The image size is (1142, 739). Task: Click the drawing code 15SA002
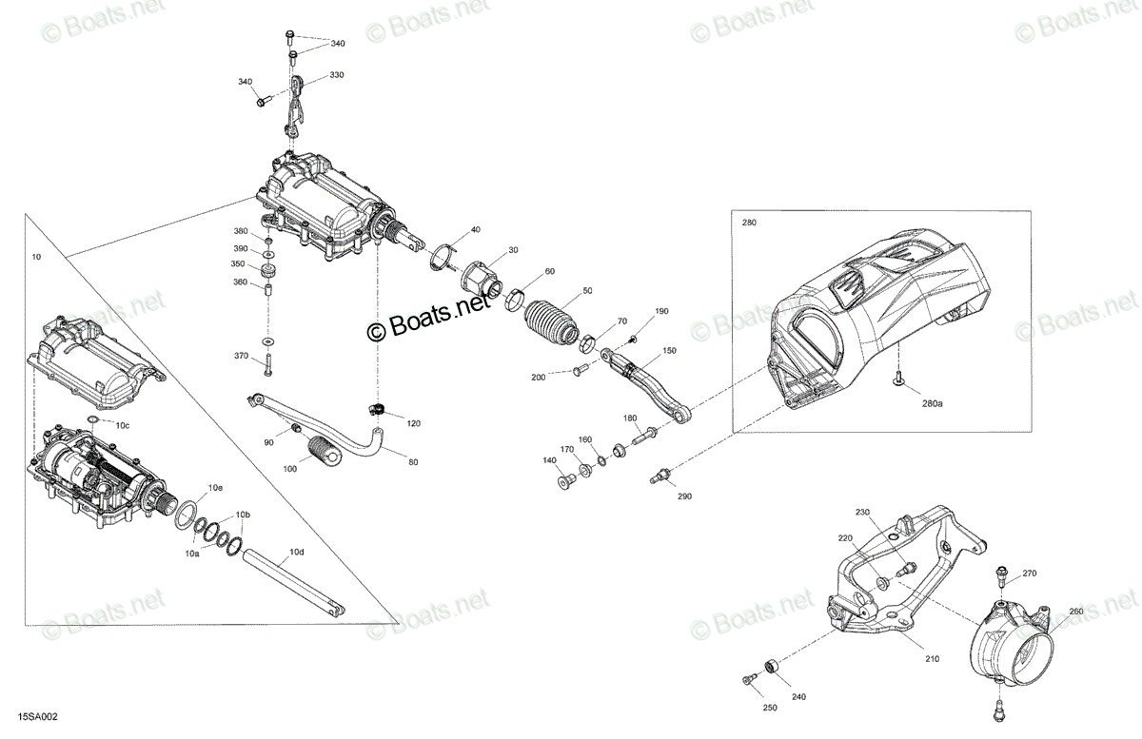[38, 716]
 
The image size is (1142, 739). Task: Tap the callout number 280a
[932, 403]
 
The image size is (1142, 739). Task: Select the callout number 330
[337, 75]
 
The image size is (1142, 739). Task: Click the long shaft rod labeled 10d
[293, 581]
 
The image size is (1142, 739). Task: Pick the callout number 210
[932, 659]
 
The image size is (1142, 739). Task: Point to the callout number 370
[241, 356]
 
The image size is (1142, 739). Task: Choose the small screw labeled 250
[749, 679]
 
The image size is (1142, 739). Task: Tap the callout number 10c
[123, 425]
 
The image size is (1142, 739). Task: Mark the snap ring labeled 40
[443, 258]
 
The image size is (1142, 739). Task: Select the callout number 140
[549, 460]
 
